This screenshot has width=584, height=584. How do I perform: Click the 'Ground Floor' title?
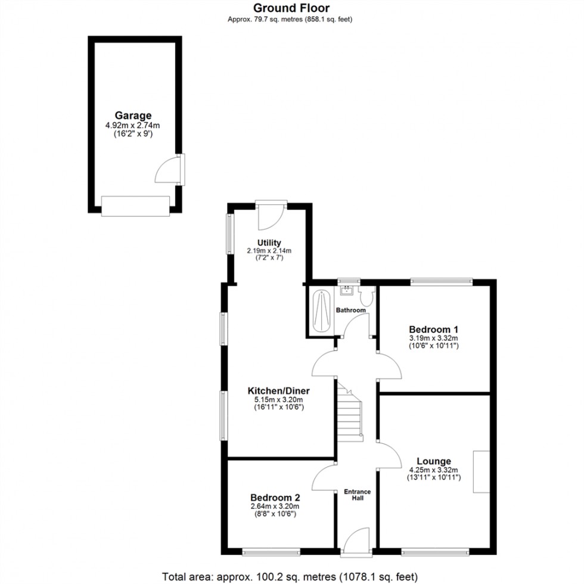(x=291, y=8)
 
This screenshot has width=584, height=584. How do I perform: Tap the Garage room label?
(x=133, y=116)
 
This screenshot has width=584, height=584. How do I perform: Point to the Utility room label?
(x=269, y=243)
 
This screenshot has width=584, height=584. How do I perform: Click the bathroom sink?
(x=346, y=290)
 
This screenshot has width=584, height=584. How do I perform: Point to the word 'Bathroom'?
(x=350, y=310)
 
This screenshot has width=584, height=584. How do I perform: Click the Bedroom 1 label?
(x=433, y=329)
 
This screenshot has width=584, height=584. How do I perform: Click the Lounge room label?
(x=433, y=461)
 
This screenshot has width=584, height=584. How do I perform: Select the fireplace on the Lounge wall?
(x=482, y=472)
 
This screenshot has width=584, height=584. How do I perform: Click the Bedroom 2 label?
(x=275, y=498)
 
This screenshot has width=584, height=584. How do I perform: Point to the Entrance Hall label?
(x=358, y=495)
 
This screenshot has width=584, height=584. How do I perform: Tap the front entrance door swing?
(x=356, y=539)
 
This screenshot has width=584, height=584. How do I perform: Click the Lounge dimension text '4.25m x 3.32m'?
(x=433, y=470)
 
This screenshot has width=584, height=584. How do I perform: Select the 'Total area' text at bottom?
(x=291, y=577)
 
